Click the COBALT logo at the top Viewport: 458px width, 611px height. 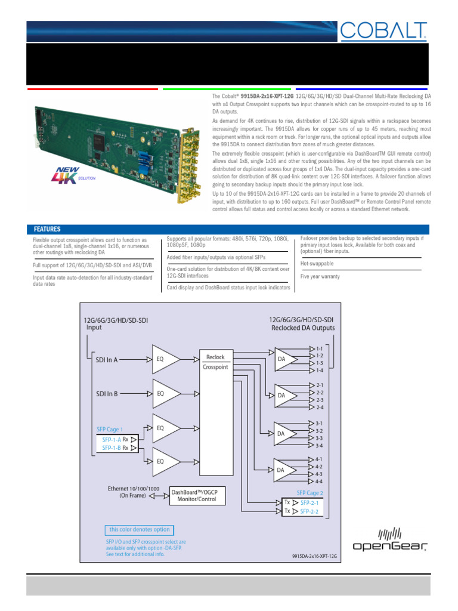click(383, 30)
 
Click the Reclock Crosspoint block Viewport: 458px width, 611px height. click(215, 362)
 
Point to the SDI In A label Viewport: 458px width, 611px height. click(115, 360)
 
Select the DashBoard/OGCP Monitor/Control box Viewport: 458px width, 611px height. click(194, 495)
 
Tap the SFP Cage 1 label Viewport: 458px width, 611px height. click(110, 429)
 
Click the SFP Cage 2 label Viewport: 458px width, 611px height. click(310, 493)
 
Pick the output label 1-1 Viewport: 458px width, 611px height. click(319, 348)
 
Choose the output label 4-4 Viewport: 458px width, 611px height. click(319, 481)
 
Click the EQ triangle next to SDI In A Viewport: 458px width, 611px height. click(164, 360)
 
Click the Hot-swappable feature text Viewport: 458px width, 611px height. click(317, 263)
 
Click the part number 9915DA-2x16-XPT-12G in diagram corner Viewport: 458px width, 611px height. click(315, 555)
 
